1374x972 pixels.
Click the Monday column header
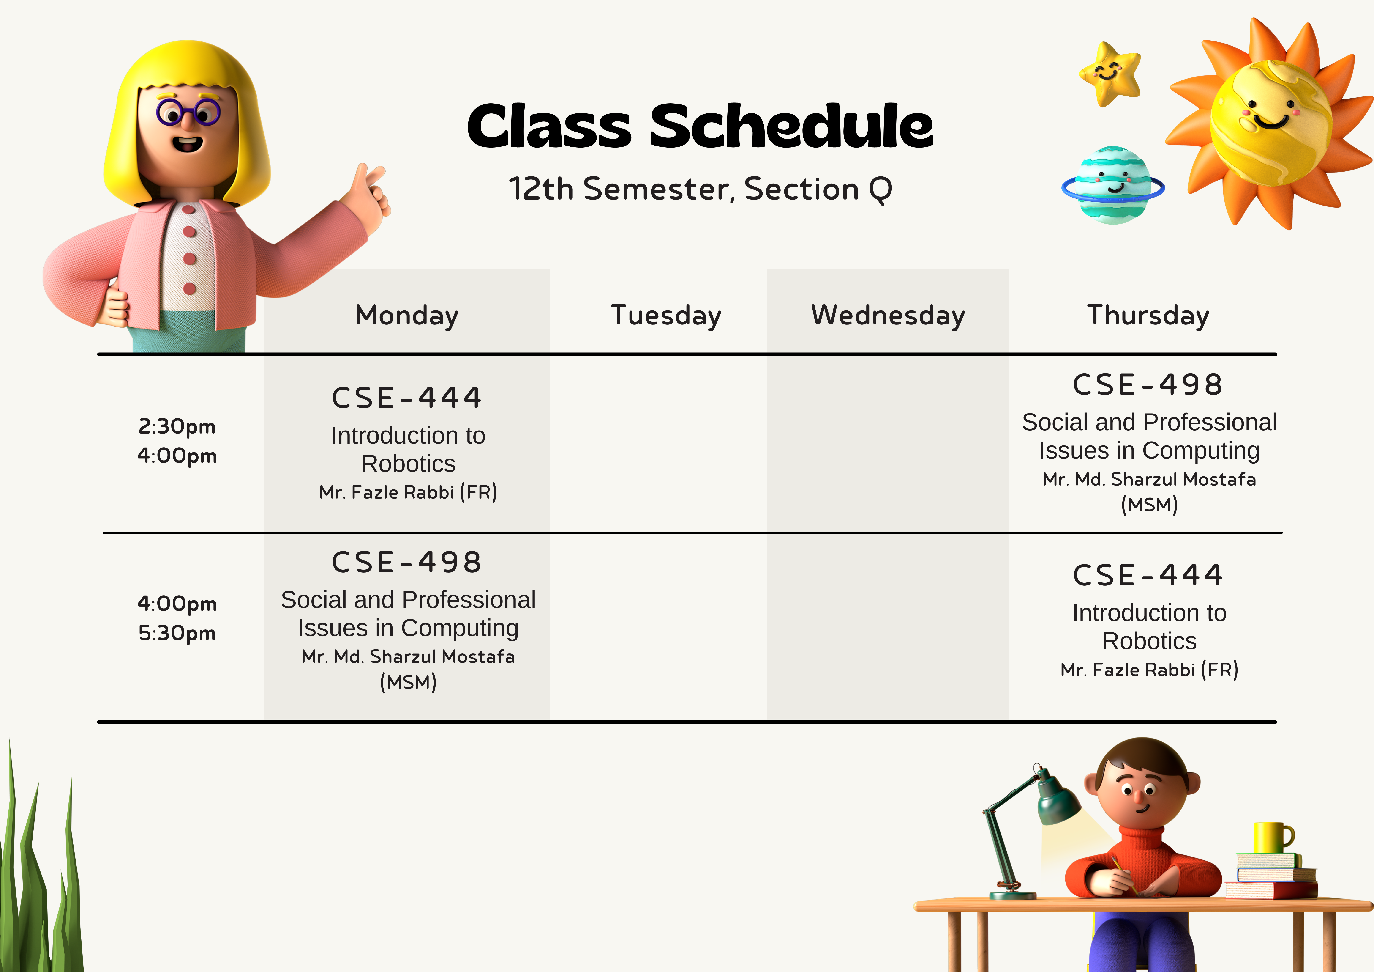(407, 316)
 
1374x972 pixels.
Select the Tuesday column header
(666, 316)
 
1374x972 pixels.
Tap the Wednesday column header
(888, 316)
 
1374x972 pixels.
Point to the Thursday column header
(1148, 316)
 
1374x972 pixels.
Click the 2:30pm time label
(177, 426)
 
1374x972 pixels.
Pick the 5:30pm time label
(177, 633)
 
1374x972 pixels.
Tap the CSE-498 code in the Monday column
(407, 562)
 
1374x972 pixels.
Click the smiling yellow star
(1110, 74)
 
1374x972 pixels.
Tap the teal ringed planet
(1113, 186)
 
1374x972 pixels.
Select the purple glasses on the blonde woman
(188, 112)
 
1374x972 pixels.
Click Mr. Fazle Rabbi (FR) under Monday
(408, 492)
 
